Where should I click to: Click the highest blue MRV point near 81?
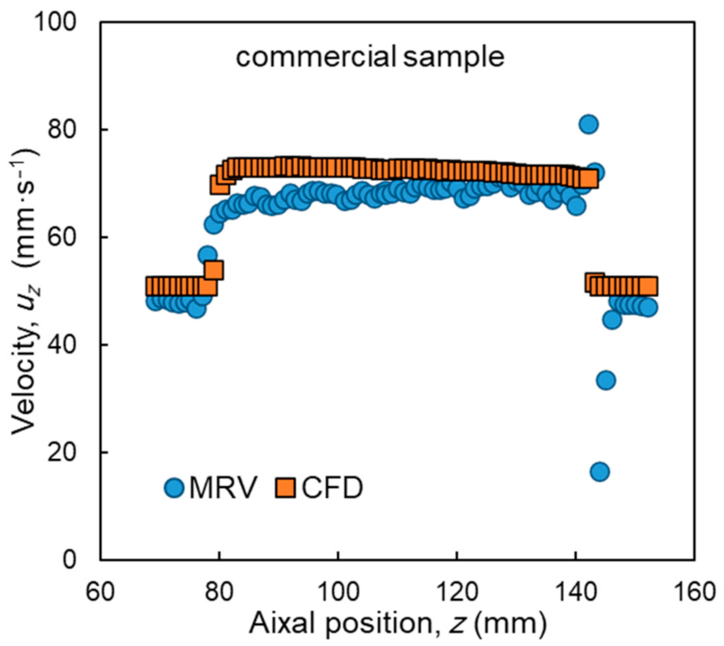(x=588, y=124)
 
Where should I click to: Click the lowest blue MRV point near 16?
(x=599, y=472)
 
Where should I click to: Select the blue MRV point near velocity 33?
(x=605, y=380)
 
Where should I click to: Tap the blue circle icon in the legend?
(x=175, y=487)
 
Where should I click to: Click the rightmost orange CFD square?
(x=648, y=286)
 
